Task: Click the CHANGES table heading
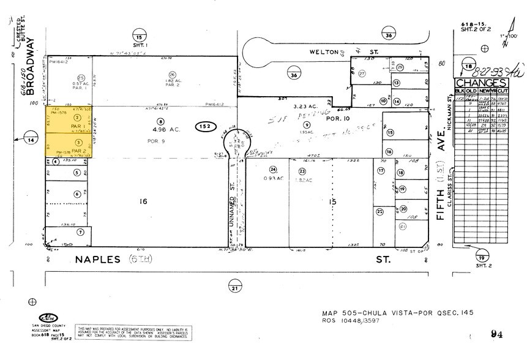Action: click(x=480, y=83)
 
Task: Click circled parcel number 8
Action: click(x=160, y=121)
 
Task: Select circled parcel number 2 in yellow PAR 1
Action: click(x=77, y=116)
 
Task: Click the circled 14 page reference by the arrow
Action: click(x=28, y=139)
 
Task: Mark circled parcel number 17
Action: click(x=381, y=171)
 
